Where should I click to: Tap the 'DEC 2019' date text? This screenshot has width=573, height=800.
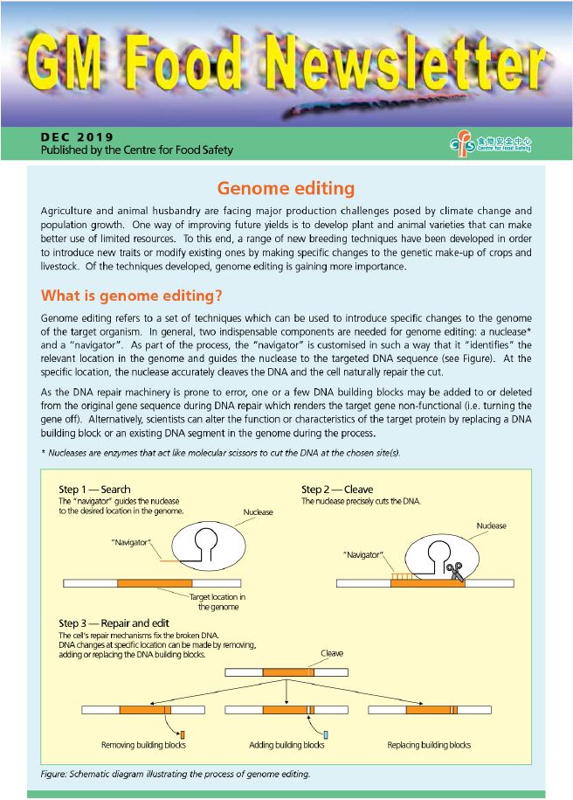coord(77,137)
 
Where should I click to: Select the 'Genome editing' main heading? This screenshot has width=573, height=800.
coord(286,188)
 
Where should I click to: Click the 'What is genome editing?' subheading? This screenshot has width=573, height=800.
coord(131,295)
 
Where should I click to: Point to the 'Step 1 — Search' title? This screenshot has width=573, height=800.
coord(94,489)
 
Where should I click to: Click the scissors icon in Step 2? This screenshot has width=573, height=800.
coord(453,571)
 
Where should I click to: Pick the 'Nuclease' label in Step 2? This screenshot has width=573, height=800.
coord(491,525)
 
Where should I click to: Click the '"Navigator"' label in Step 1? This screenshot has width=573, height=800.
coord(132,543)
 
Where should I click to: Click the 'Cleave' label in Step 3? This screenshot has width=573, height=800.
coord(332,653)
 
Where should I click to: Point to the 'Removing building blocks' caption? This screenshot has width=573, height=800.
coord(143,745)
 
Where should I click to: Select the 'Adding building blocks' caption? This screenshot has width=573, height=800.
coord(286,745)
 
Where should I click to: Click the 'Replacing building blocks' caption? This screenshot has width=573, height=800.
coord(429,745)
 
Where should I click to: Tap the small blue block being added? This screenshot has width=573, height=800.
coord(325,734)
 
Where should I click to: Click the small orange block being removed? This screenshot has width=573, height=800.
coord(183,733)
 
